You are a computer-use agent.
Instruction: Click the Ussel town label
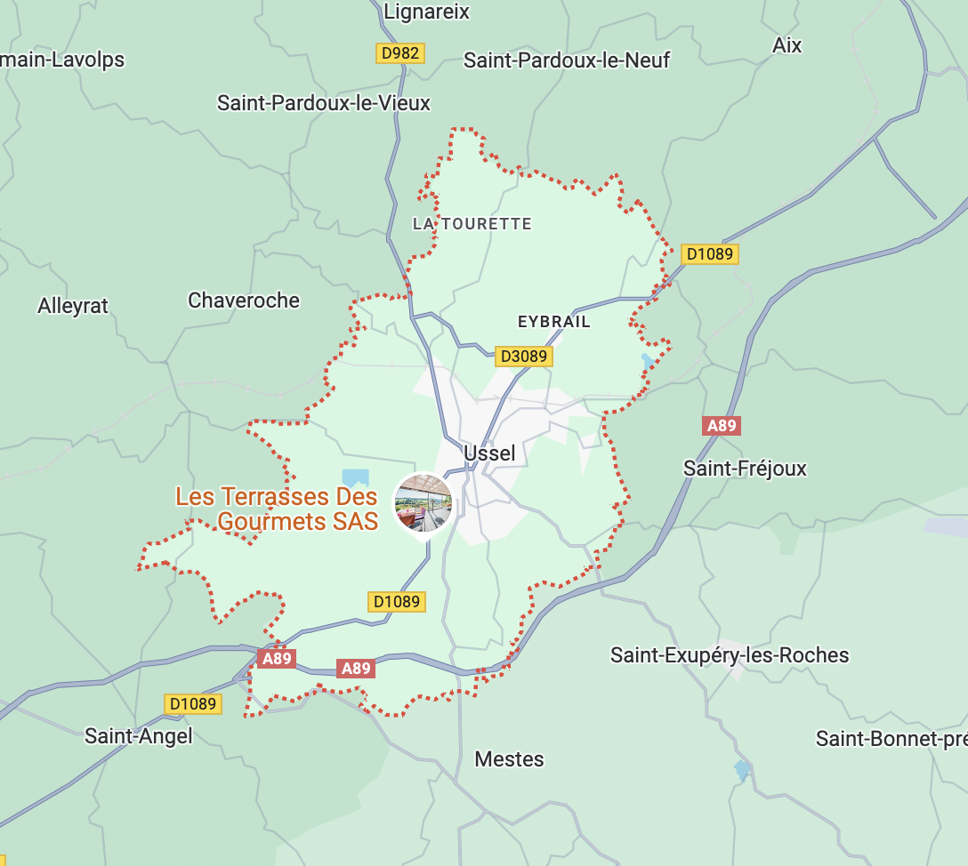489,453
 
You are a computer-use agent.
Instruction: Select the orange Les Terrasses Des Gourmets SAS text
277,509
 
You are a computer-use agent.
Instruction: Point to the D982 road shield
399,53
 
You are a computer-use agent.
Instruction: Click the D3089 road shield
524,357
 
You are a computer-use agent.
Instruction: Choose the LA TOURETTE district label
472,224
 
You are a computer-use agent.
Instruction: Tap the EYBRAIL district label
553,322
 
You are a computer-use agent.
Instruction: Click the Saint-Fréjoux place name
745,469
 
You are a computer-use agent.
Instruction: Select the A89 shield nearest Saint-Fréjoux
722,426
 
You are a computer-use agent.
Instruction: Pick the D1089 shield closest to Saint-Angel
193,704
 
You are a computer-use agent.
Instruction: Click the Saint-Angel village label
138,736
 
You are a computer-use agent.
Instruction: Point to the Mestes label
509,759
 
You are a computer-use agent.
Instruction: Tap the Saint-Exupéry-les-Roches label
730,655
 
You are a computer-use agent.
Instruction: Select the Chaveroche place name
244,301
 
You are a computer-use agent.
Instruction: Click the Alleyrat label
73,306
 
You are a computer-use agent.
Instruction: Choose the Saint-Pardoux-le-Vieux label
324,103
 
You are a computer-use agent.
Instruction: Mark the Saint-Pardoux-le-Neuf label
567,60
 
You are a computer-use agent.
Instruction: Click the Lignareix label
426,12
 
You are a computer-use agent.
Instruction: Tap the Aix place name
787,45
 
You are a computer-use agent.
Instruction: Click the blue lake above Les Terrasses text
355,478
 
